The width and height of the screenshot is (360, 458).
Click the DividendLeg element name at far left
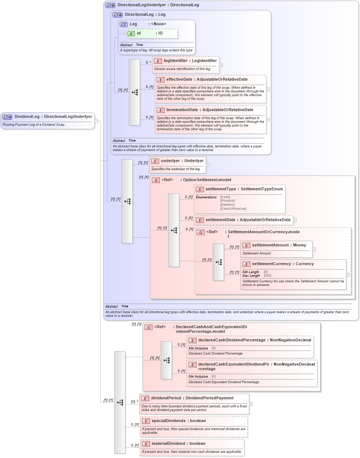[x=27, y=117]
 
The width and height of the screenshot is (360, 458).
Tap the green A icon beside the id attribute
[x=131, y=34]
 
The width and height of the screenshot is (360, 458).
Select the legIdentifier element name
[x=175, y=61]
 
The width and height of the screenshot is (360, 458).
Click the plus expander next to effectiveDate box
[x=268, y=89]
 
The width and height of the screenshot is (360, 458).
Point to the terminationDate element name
[x=182, y=110]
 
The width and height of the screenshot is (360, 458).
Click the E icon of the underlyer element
[x=155, y=161]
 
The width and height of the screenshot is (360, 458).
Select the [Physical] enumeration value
[x=228, y=201]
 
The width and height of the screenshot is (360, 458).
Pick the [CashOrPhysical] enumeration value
[x=233, y=209]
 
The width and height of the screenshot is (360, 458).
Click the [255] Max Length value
[x=267, y=276]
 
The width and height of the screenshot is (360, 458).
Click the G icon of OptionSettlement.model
[x=156, y=180]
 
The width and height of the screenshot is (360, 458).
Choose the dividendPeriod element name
[x=166, y=398]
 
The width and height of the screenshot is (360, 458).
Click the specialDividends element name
[x=169, y=421]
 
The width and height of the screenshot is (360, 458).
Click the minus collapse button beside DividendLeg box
[x=96, y=121]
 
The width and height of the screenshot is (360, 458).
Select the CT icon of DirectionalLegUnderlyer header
[x=110, y=6]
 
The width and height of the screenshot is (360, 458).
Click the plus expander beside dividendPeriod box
[x=251, y=404]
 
